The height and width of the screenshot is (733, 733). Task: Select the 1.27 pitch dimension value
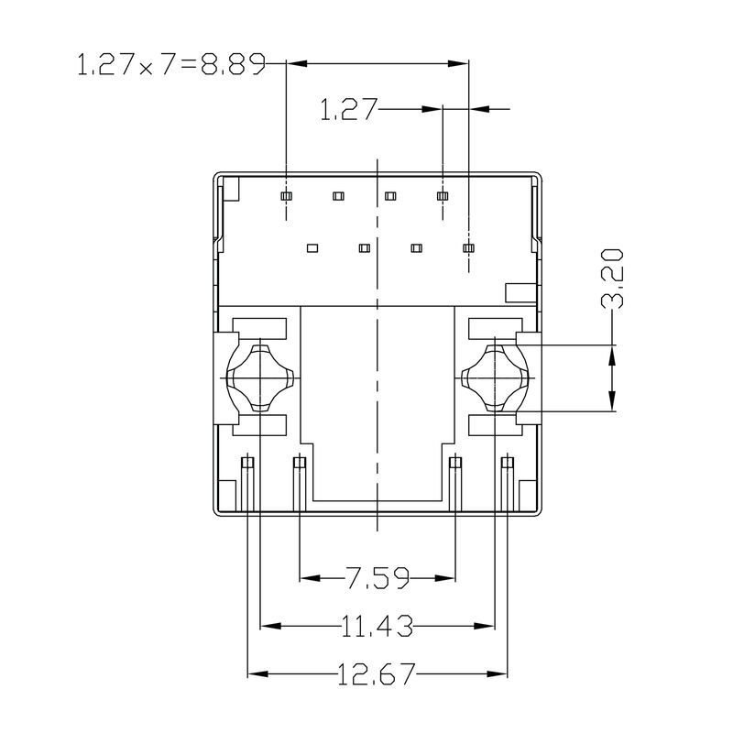click(348, 110)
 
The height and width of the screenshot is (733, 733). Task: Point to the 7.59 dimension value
click(377, 577)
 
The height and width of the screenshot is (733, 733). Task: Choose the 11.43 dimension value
click(377, 627)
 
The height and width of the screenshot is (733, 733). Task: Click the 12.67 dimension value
click(377, 676)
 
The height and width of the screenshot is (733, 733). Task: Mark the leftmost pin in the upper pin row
click(286, 196)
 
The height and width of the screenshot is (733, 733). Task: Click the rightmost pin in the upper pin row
click(443, 196)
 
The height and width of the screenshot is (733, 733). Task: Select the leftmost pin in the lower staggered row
click(312, 247)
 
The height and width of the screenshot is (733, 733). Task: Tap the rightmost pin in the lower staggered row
click(469, 247)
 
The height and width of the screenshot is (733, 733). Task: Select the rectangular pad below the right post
click(493, 426)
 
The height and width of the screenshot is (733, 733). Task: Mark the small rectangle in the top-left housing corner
click(230, 189)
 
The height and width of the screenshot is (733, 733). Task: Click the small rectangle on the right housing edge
click(520, 292)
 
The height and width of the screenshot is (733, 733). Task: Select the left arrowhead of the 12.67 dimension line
click(257, 676)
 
